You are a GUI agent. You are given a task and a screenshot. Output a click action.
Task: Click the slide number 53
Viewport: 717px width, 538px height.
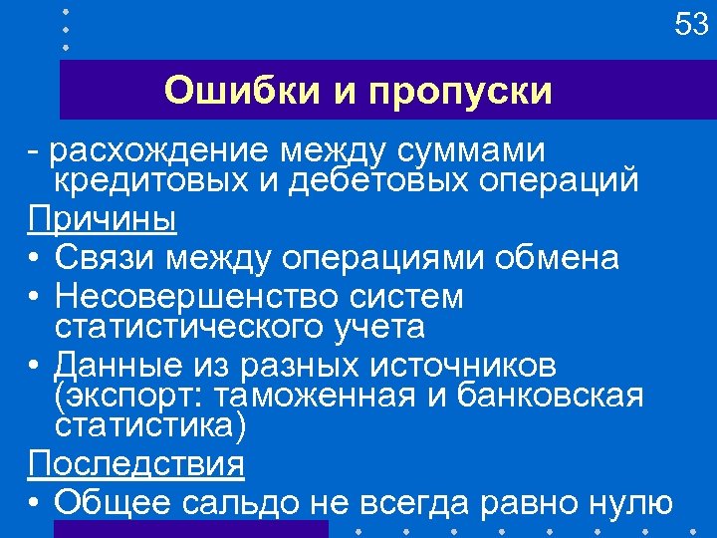click(x=691, y=23)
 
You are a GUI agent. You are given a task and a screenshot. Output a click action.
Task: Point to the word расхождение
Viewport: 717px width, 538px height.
click(x=160, y=151)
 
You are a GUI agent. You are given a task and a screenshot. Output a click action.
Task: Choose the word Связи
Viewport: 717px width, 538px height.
click(x=105, y=259)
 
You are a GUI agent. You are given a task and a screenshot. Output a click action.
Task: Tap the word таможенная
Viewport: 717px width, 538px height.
click(x=330, y=396)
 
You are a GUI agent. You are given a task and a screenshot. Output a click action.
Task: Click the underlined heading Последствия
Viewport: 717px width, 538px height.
click(x=135, y=464)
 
